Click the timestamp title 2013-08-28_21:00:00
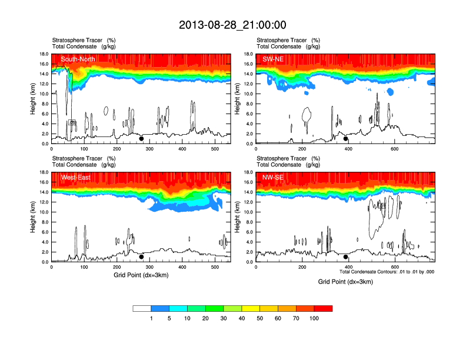point(232,25)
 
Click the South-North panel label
point(78,59)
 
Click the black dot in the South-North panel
point(141,139)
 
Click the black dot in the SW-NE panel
point(345,139)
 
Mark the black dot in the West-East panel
point(141,257)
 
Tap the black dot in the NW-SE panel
point(345,257)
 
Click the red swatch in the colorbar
point(324,308)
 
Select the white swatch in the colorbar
point(142,308)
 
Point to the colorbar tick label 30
point(224,318)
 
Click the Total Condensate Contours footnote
point(387,272)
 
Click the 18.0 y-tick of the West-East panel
point(44,172)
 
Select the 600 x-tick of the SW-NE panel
point(393,149)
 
